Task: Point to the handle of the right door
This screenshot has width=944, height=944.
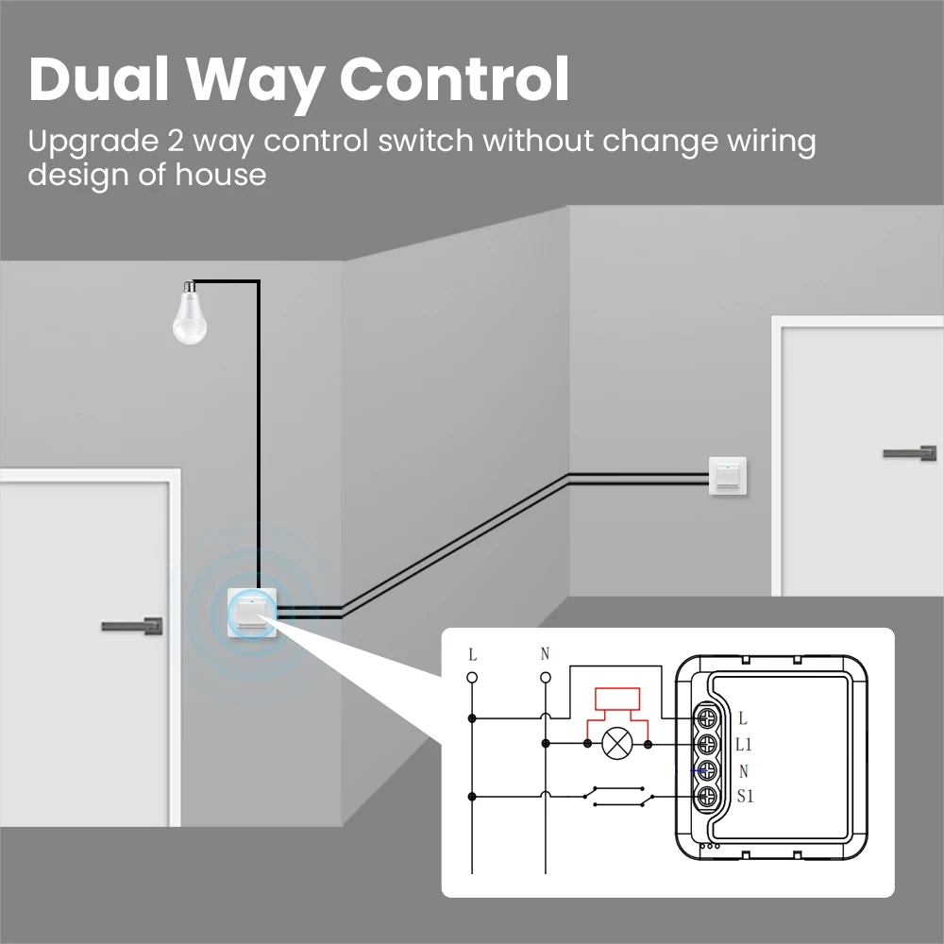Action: [909, 453]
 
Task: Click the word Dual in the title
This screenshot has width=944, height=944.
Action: [98, 79]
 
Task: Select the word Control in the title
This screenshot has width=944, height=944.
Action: [454, 79]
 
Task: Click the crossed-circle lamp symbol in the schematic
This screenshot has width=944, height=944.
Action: [617, 744]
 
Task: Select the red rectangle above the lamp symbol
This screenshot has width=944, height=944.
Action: [617, 700]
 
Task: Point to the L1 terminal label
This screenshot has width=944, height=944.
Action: [744, 745]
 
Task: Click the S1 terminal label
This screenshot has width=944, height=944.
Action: [745, 796]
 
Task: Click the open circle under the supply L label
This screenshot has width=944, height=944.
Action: [472, 677]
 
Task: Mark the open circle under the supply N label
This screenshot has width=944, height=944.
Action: [545, 677]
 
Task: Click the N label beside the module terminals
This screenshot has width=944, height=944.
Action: [743, 770]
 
